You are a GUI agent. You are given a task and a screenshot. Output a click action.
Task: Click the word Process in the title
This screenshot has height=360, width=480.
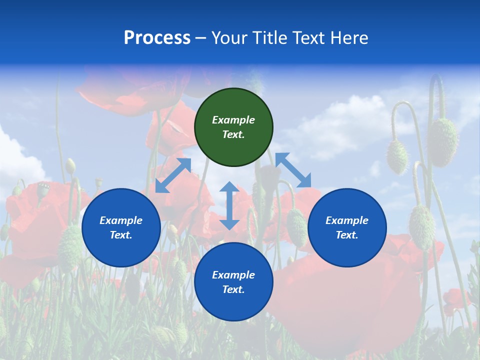click(157, 38)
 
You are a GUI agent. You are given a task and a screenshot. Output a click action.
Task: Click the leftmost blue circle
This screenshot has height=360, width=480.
click(121, 227)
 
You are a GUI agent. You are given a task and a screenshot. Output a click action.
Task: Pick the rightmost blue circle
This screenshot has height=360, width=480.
click(347, 227)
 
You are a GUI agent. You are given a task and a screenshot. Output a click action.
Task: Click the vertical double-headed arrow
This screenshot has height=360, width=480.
click(229, 205)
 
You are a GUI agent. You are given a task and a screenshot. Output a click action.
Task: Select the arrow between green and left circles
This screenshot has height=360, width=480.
click(173, 175)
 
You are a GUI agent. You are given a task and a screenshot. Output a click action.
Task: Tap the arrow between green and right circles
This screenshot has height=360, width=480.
click(293, 170)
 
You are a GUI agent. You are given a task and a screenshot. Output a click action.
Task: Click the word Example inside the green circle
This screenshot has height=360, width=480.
click(233, 120)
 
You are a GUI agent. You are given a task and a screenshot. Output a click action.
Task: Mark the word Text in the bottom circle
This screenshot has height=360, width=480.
click(233, 289)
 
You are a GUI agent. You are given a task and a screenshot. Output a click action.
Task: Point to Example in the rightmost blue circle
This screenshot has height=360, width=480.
click(347, 220)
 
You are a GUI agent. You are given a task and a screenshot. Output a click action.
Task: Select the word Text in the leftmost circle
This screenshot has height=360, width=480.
click(121, 235)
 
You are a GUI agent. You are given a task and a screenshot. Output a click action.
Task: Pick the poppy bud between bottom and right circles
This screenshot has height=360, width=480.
click(296, 227)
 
